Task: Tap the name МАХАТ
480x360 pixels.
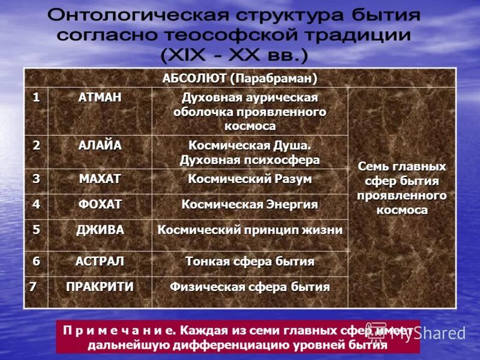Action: pos(99,179)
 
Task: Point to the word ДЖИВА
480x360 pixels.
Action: pos(99,230)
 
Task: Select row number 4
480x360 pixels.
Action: pos(36,205)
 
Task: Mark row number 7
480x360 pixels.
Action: pos(34,286)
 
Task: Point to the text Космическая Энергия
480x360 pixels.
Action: pos(250,205)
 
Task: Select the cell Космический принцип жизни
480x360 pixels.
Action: pos(250,230)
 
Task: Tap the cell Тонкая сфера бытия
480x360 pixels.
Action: pos(250,262)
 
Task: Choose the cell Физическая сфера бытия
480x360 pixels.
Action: pos(250,287)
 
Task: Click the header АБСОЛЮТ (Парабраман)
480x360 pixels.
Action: pos(239,79)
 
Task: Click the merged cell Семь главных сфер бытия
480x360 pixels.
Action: pos(401,187)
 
